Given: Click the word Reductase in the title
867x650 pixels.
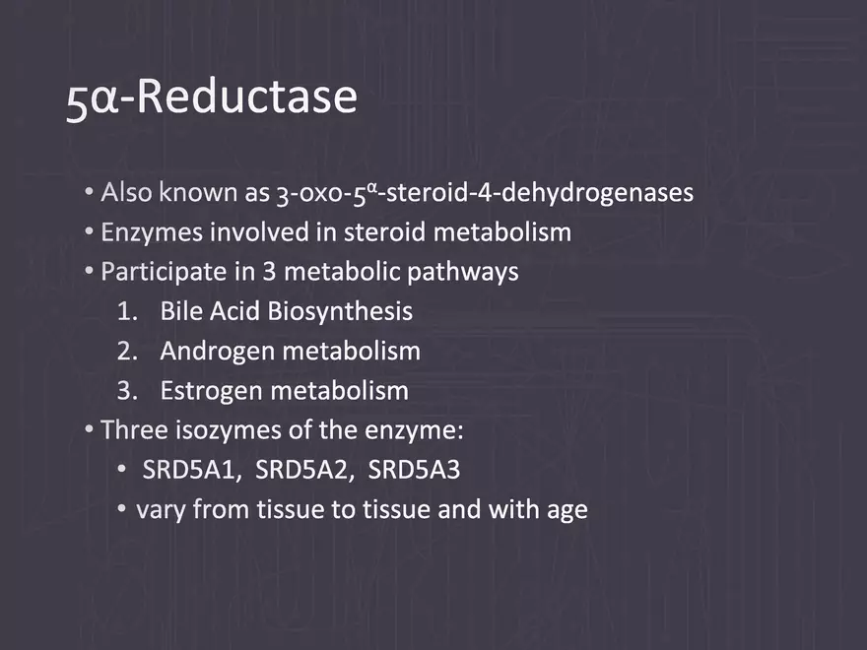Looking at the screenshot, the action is [x=246, y=97].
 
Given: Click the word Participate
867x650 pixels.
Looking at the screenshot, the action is [x=165, y=272].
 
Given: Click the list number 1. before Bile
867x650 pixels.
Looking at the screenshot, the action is [x=127, y=311].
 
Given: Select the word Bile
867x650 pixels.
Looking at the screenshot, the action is [x=180, y=310].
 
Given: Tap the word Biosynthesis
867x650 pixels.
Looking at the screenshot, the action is [x=340, y=312].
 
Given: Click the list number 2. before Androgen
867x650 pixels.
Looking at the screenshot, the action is [x=127, y=351].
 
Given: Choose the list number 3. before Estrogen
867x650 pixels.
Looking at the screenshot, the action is [x=127, y=391].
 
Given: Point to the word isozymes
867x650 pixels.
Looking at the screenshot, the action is [x=229, y=430].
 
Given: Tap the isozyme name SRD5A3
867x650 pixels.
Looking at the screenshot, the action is [x=414, y=470].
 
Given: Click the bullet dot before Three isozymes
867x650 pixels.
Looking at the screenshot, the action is [x=89, y=429].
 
